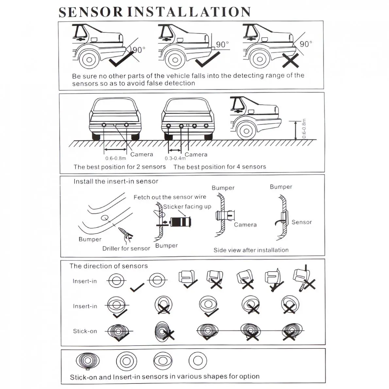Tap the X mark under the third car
tap(291, 60)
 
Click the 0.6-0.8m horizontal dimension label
tap(115, 158)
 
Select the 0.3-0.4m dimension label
tap(175, 158)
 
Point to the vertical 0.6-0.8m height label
tap(304, 128)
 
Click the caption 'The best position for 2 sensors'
tap(120, 167)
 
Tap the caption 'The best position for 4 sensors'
tap(220, 167)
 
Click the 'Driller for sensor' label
tap(126, 248)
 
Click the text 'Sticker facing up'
tap(187, 207)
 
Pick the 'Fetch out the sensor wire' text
tap(170, 197)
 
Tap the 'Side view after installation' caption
tap(251, 250)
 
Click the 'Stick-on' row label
tap(85, 331)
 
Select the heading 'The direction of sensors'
tap(109, 266)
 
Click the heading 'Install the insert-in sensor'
tap(116, 181)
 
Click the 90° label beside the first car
tap(139, 50)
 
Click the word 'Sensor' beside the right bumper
tap(301, 222)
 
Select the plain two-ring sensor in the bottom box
tap(197, 361)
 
